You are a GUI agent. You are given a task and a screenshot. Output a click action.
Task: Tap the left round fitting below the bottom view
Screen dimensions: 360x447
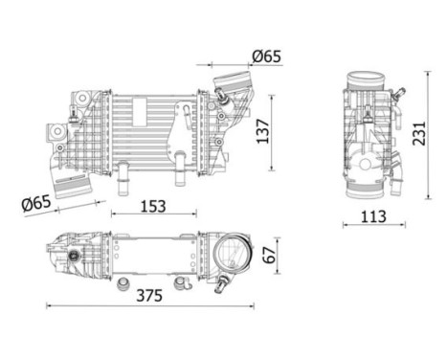tap(122, 283)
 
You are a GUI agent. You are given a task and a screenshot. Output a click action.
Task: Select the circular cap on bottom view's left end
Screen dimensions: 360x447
tap(73, 256)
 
